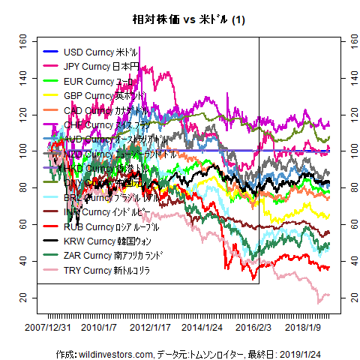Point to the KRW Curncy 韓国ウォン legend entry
[104, 241]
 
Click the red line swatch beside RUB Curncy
[50, 226]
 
